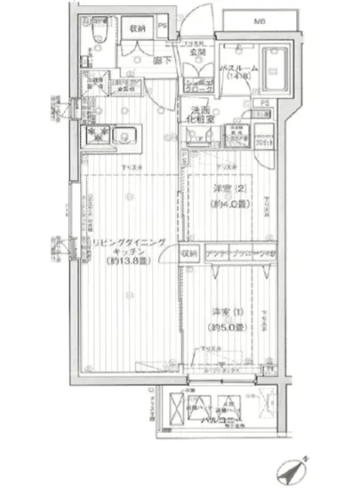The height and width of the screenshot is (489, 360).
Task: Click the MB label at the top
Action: tap(260, 20)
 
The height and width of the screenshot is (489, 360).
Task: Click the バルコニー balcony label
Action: tap(233, 418)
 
